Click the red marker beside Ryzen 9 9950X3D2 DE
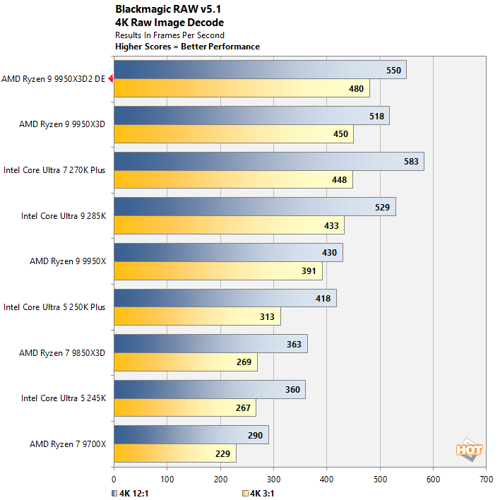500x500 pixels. tap(111, 79)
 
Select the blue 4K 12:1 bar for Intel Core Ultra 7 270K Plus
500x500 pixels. tap(268, 162)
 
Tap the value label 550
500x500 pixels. tap(393, 71)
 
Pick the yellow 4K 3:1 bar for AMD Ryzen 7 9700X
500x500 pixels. tap(174, 454)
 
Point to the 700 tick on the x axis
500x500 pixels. tap(486, 479)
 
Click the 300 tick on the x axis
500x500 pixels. tap(273, 479)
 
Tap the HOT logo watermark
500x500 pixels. tap(469, 450)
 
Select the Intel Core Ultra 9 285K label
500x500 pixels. tap(63, 216)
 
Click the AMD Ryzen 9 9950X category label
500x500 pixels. tap(67, 261)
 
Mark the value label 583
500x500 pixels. tap(411, 162)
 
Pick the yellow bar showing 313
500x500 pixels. tap(197, 317)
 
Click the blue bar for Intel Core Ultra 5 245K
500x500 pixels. tap(209, 390)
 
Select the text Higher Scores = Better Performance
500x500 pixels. tap(187, 47)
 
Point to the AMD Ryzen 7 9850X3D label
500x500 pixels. tap(62, 352)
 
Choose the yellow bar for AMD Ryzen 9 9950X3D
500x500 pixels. tap(233, 134)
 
